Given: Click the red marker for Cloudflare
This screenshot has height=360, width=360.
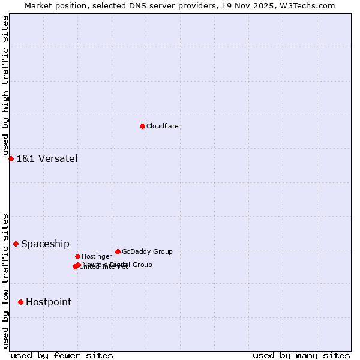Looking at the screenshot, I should click(x=142, y=126).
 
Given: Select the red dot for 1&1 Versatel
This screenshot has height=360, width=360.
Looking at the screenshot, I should click(x=11, y=158).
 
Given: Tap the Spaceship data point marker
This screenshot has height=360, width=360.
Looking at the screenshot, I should click(x=16, y=244).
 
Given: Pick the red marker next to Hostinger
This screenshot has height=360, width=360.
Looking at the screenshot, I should click(x=77, y=256).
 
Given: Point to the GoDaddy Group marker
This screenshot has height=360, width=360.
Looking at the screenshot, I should click(x=118, y=251).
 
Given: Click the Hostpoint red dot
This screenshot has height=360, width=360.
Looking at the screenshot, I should click(x=20, y=302).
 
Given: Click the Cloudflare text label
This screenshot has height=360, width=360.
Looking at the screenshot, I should click(x=163, y=126).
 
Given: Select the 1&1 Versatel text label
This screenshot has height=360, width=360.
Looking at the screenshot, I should click(x=47, y=159).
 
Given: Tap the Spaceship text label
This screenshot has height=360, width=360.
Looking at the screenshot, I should click(x=45, y=244).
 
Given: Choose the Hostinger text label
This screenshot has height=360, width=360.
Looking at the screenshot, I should click(x=97, y=256).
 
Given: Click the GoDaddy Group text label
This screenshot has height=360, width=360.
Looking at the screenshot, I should click(x=147, y=251).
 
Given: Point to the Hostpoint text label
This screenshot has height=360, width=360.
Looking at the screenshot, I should click(x=49, y=302).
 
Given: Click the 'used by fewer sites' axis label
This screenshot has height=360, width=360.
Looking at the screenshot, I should click(x=62, y=355).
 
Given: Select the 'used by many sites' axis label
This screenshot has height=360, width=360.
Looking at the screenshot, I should click(x=301, y=355).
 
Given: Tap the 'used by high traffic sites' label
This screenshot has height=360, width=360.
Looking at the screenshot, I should click(x=5, y=86).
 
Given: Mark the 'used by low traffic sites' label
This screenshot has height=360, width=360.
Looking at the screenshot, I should click(x=5, y=281).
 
